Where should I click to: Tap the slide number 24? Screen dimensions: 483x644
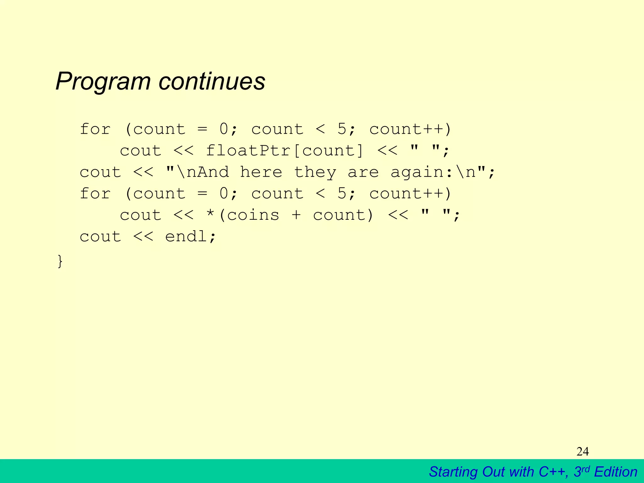[582, 452]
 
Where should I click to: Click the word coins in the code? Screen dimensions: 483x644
[253, 215]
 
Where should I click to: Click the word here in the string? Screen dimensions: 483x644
[261, 172]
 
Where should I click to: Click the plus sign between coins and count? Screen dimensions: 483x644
[296, 215]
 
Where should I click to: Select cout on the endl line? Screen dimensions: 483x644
[100, 236]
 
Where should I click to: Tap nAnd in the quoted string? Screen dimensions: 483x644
[208, 172]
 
